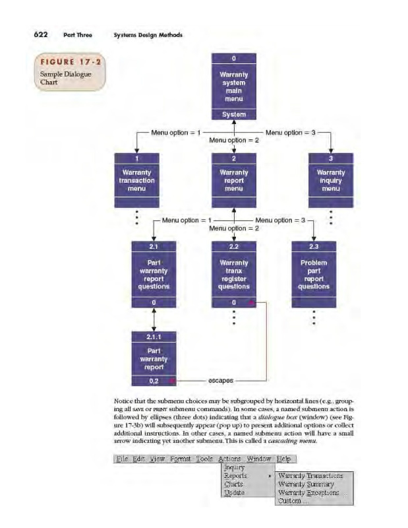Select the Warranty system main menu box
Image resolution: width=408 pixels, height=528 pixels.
click(x=234, y=86)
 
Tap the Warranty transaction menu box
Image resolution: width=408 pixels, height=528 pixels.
click(x=136, y=180)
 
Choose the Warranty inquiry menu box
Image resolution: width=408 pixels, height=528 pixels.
click(x=331, y=180)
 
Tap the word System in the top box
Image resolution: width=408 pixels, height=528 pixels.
click(x=234, y=114)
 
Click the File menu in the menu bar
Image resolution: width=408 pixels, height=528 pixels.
click(x=123, y=458)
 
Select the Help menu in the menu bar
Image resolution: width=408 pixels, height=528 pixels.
click(x=284, y=458)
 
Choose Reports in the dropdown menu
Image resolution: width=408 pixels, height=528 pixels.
click(x=235, y=475)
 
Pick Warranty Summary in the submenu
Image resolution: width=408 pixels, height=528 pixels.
click(x=306, y=484)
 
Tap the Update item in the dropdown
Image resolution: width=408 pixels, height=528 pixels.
click(x=235, y=492)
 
